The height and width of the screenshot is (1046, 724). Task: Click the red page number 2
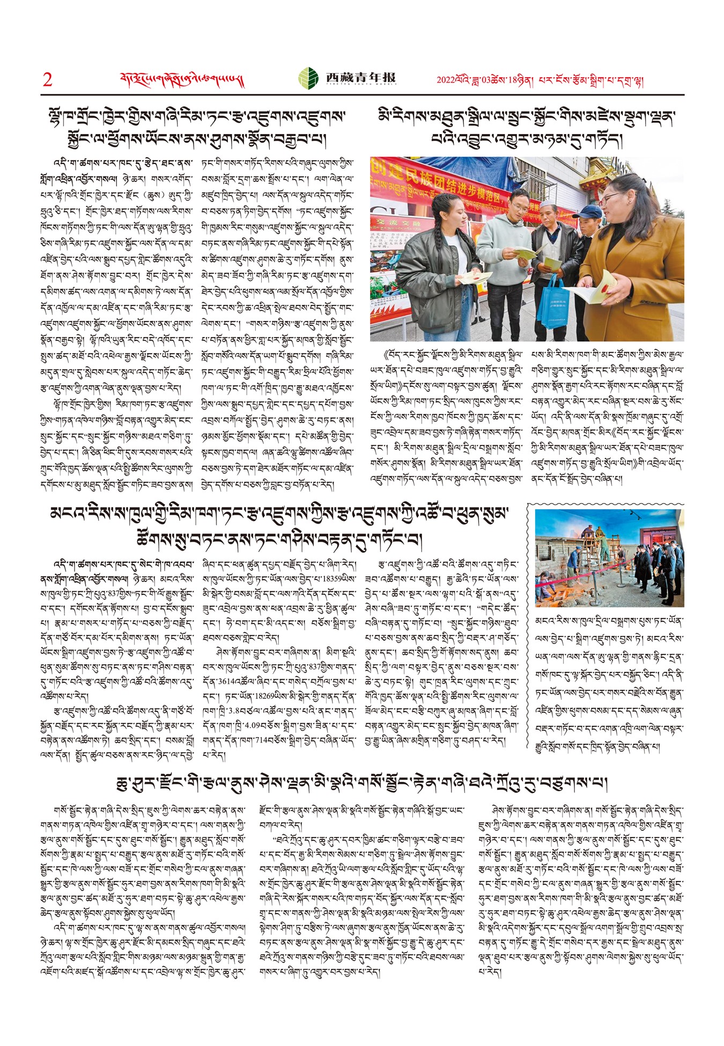(48, 80)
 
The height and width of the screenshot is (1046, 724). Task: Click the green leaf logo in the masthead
(308, 78)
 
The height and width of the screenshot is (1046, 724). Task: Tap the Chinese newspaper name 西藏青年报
(361, 78)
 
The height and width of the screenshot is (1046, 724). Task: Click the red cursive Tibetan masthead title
(182, 80)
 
